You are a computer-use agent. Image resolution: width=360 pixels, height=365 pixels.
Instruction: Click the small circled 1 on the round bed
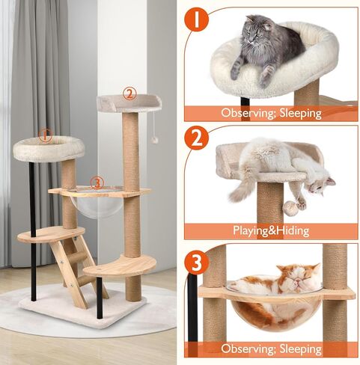pyautogui.click(x=45, y=136)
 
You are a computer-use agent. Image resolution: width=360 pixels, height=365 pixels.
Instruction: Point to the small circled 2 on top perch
pyautogui.click(x=129, y=94)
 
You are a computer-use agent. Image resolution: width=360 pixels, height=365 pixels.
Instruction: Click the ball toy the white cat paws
pyautogui.click(x=289, y=204)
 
